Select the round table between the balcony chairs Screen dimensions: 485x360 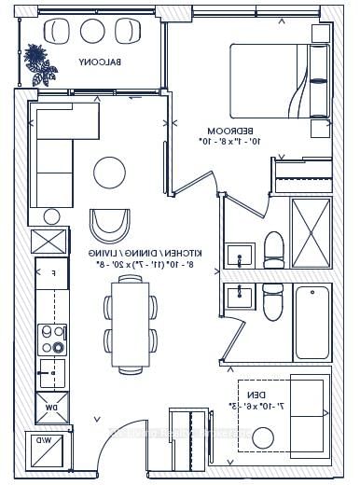click(93, 30)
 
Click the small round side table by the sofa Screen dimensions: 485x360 click(51, 216)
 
